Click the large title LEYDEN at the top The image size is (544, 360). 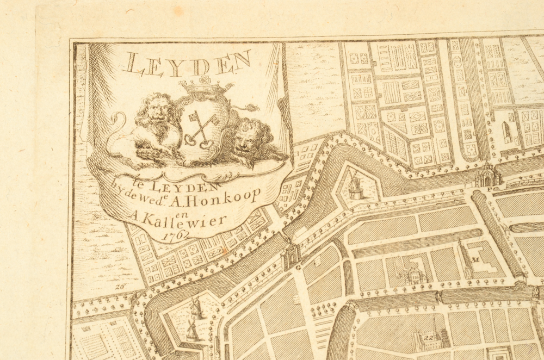coord(187,63)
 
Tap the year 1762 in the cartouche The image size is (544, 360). coord(176,235)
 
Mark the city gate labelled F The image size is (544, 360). coord(487,176)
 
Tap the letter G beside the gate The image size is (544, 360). coord(298,266)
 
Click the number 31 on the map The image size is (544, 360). coord(475,259)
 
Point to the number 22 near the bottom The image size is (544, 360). coord(428,338)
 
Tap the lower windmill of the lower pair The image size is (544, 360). coord(191,329)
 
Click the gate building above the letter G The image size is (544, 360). coord(291,253)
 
